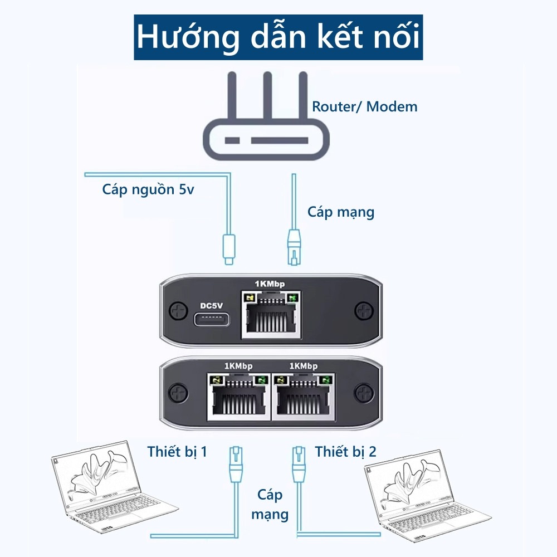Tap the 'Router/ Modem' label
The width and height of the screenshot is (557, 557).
[364, 106]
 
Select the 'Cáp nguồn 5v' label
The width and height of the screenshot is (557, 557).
[148, 189]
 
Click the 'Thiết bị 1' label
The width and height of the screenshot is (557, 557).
[177, 451]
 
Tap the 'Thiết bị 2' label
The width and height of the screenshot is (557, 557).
[345, 451]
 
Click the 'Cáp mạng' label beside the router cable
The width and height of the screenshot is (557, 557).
[341, 212]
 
